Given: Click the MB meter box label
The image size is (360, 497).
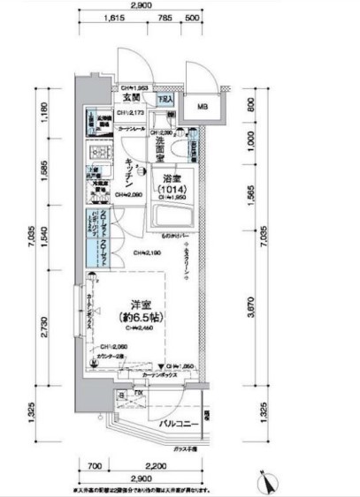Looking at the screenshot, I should pos(203,108).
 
